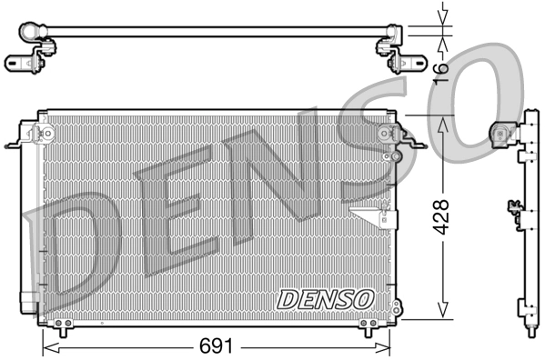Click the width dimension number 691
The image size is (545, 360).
pyautogui.click(x=217, y=347)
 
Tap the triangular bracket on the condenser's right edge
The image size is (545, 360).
pyautogui.click(x=373, y=215)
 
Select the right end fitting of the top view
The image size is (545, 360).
pyautogui.click(x=400, y=45)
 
